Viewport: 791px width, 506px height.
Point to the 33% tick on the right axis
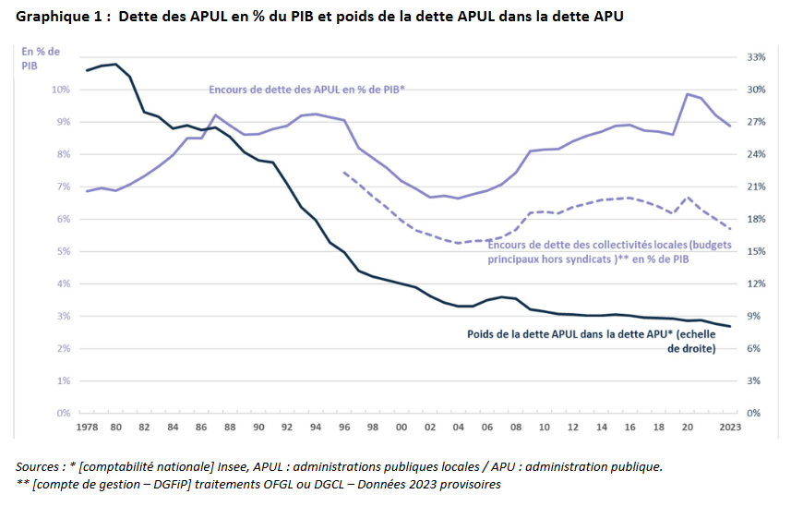pos(756,57)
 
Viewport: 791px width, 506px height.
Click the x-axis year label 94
pos(316,428)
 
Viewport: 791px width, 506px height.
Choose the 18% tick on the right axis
pos(756,219)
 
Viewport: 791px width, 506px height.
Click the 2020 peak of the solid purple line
pos(688,94)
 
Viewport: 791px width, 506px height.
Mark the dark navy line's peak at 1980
pos(115,65)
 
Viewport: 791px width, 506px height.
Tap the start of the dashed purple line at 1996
pos(344,173)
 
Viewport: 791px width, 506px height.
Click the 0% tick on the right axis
pos(753,413)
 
